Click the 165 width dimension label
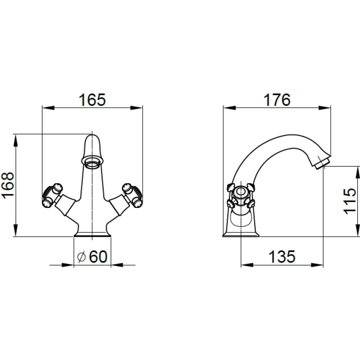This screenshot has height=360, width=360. point(92,100)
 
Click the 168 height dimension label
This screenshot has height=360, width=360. point(8,185)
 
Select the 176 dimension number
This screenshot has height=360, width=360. point(277,100)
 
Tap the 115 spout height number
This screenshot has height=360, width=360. point(350,201)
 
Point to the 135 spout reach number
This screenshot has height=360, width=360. point(282,256)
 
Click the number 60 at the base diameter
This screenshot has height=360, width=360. point(98,256)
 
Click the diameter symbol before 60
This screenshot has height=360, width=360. point(81,256)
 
